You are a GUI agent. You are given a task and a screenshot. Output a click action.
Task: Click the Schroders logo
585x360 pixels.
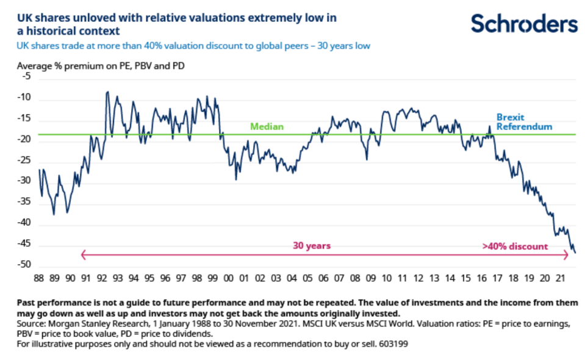(x=524, y=24)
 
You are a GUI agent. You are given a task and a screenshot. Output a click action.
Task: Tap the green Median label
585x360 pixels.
(x=267, y=127)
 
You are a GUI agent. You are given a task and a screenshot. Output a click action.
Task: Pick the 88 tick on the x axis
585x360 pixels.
(x=40, y=278)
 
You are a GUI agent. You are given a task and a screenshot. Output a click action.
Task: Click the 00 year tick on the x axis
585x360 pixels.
(x=229, y=278)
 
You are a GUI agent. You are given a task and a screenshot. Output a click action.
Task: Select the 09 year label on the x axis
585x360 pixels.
(x=371, y=278)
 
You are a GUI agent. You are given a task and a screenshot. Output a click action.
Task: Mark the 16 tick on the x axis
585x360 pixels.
(x=482, y=278)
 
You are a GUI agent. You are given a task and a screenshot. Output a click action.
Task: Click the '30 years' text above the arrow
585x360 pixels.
(x=312, y=246)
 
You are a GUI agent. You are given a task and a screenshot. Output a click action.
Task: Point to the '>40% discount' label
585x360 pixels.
(x=515, y=247)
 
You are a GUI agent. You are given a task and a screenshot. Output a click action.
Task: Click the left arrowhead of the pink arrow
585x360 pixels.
(x=83, y=255)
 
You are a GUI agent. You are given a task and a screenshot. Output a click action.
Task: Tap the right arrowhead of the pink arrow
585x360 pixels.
(x=567, y=255)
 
